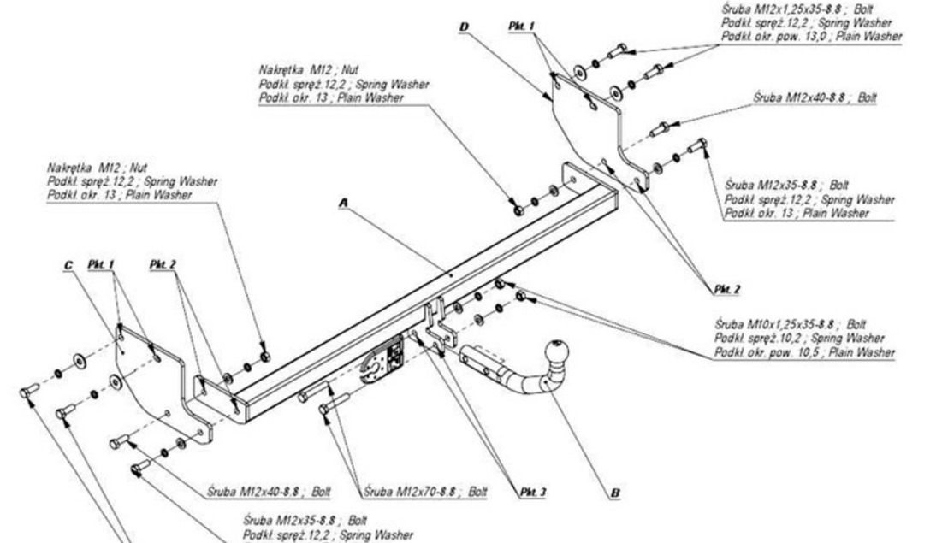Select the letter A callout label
[x=344, y=203]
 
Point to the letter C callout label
[x=68, y=266]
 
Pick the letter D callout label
[x=464, y=27]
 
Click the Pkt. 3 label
[x=532, y=492]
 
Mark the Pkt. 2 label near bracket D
[x=720, y=289]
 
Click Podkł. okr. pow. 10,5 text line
[x=808, y=351]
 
